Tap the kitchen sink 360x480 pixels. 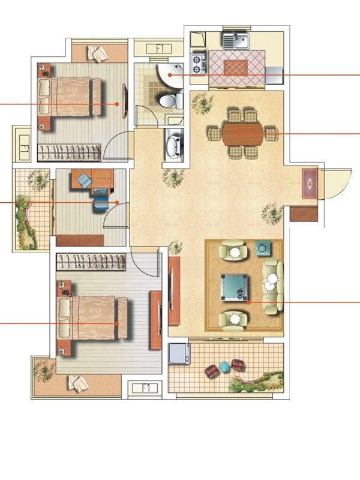236,41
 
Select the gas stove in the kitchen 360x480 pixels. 198,64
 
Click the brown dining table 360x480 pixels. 243,134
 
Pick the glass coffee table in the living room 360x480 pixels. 234,287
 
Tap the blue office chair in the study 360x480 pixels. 101,203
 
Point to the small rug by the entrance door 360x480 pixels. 310,184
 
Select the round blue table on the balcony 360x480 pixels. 224,366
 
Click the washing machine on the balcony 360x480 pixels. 179,353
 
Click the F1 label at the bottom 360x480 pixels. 145,388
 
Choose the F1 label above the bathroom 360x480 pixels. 159,49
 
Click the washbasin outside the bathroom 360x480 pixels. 173,145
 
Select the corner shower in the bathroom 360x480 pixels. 171,74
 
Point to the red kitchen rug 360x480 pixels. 235,67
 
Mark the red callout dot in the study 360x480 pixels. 117,202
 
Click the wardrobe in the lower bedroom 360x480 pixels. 91,262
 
